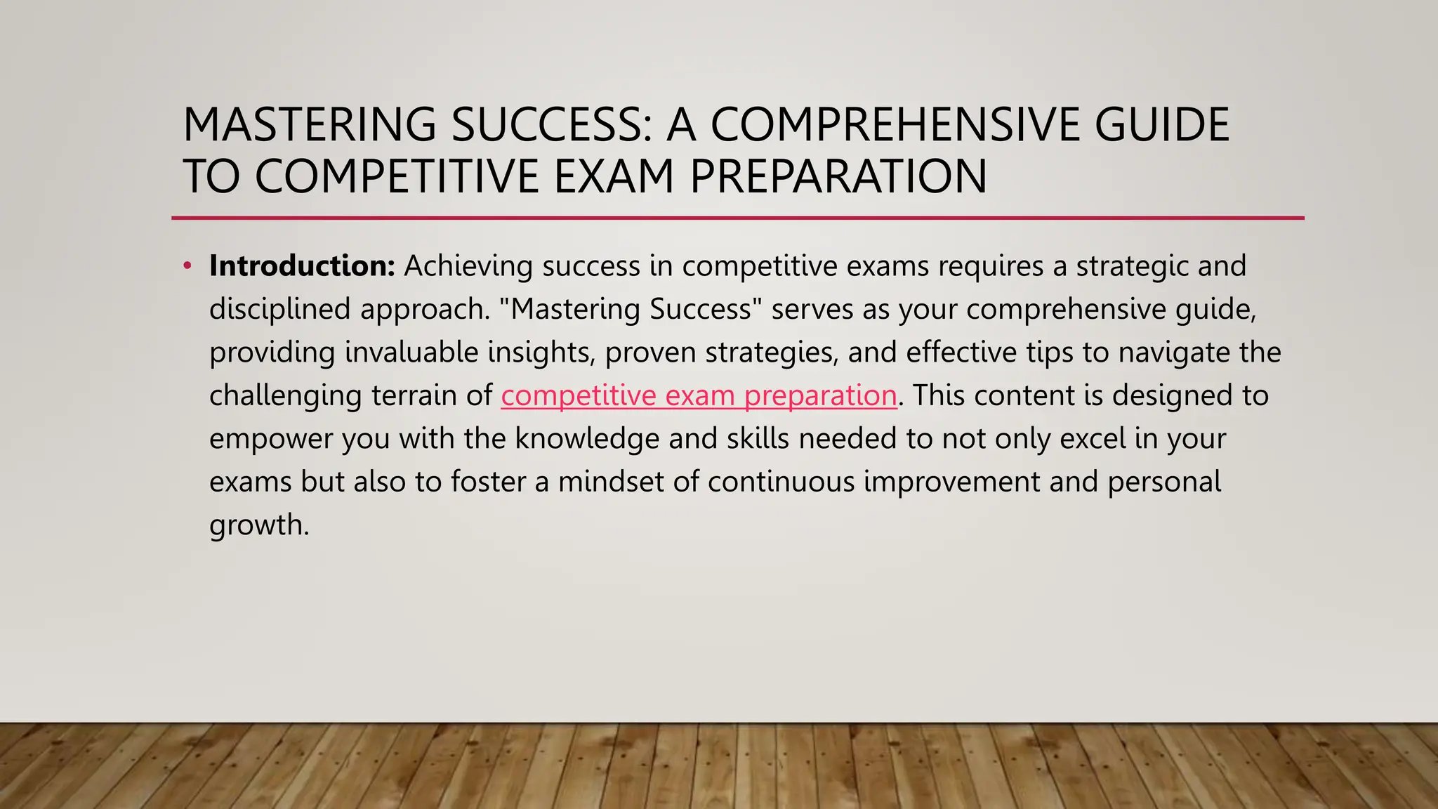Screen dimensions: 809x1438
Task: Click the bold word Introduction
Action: pos(302,266)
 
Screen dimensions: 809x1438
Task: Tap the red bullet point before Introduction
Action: pos(187,266)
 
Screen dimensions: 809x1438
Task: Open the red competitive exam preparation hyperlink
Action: pos(699,395)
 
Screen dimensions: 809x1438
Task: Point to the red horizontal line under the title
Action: pos(737,218)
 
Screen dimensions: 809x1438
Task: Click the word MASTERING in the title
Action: pos(309,125)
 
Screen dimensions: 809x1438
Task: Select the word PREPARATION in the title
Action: pos(838,176)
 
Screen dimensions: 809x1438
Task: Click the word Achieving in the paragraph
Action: pos(468,266)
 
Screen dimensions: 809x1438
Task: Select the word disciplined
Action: pos(279,310)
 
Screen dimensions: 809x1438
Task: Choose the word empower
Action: pos(271,439)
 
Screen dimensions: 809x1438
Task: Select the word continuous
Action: pos(781,482)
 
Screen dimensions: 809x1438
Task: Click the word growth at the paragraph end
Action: pos(258,525)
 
